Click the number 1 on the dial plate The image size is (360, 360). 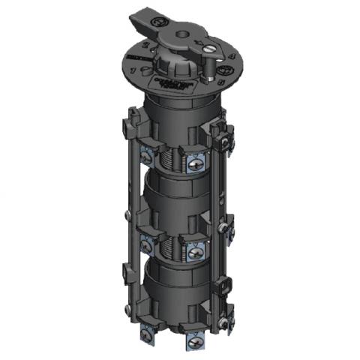[x=133, y=70]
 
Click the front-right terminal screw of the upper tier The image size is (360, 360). [x=196, y=161]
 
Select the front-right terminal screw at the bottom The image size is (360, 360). [x=197, y=343]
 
